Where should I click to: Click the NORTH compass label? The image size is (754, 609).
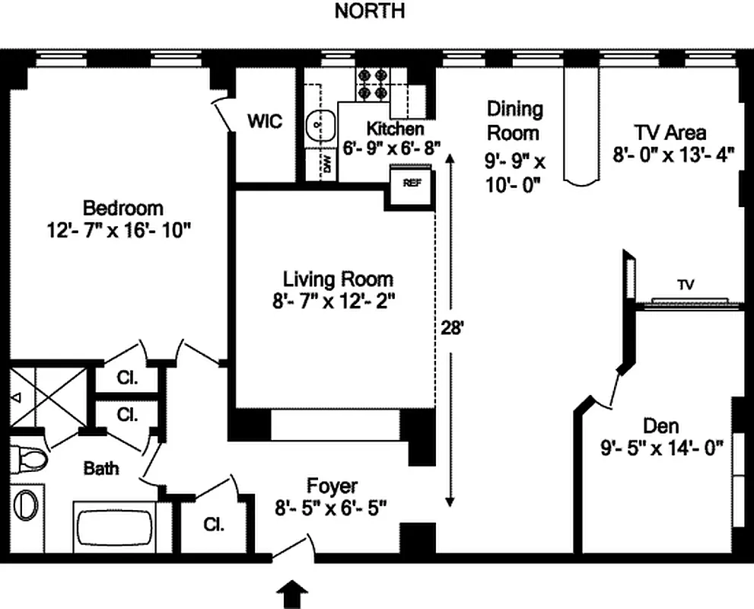(x=370, y=11)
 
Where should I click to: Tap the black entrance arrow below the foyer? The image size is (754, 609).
(x=293, y=595)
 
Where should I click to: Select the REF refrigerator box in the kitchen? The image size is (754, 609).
(x=411, y=183)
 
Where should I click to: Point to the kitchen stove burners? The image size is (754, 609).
(x=372, y=84)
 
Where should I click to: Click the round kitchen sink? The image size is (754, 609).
(x=320, y=126)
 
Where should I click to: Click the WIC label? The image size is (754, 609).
(x=264, y=121)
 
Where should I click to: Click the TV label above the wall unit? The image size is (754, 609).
(x=686, y=285)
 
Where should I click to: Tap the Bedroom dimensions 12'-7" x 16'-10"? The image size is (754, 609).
(x=122, y=229)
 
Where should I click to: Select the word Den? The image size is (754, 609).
(x=660, y=426)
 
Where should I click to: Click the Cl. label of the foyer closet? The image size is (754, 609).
(x=212, y=525)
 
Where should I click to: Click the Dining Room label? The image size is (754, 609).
(x=515, y=120)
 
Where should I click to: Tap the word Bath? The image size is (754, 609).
(x=101, y=468)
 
